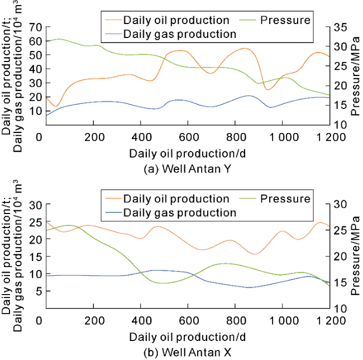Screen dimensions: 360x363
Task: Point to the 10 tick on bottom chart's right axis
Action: (341, 308)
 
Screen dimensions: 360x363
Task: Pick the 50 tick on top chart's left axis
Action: (36, 55)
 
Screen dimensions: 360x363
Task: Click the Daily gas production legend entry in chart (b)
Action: (179, 212)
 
